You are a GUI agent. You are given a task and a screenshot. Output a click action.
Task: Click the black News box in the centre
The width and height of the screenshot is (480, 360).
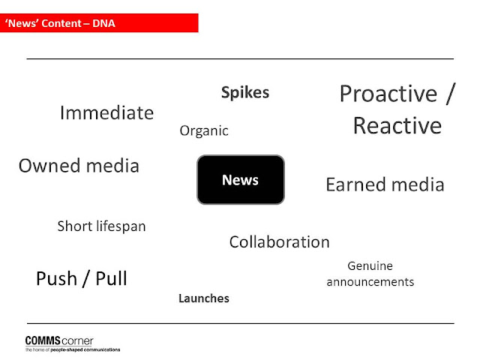pos(241,180)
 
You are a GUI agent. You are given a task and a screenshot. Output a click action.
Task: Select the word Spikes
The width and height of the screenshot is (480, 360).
pos(245,93)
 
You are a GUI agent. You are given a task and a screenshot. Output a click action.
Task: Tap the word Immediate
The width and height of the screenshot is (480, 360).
pos(106,112)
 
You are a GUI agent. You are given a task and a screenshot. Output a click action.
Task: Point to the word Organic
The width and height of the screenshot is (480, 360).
pos(204,131)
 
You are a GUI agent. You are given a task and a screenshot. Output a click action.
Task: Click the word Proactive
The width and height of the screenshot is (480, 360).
pos(388,93)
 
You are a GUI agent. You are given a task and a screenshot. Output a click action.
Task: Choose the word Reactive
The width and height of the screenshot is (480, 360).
pos(397,125)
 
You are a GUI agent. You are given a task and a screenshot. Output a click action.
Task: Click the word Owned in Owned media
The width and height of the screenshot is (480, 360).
pos(50,166)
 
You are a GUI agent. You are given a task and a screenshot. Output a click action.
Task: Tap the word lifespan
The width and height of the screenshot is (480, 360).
pos(121,226)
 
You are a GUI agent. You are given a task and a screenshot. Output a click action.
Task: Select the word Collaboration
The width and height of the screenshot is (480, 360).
pos(280,241)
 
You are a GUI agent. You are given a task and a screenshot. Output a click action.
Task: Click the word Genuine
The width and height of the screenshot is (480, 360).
pos(370,266)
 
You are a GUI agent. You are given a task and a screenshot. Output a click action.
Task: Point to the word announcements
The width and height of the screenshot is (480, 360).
pos(370,282)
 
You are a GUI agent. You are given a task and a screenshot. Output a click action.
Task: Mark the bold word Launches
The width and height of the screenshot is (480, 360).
pos(204,298)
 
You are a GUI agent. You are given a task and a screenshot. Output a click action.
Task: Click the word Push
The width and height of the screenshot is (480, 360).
pos(57,278)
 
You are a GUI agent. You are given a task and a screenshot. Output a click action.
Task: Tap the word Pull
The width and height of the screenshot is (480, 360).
pos(111,278)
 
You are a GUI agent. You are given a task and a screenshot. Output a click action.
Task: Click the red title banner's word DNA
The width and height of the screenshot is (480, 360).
pos(103,23)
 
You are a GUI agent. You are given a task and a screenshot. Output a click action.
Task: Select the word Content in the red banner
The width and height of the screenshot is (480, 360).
pos(61,23)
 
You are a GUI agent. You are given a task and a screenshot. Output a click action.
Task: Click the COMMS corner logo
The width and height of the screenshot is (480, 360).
pos(59,340)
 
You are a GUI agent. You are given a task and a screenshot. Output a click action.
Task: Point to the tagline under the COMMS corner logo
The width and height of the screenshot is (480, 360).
pos(73,349)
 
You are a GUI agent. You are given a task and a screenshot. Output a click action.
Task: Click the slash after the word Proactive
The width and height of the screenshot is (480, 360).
pos(451,94)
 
